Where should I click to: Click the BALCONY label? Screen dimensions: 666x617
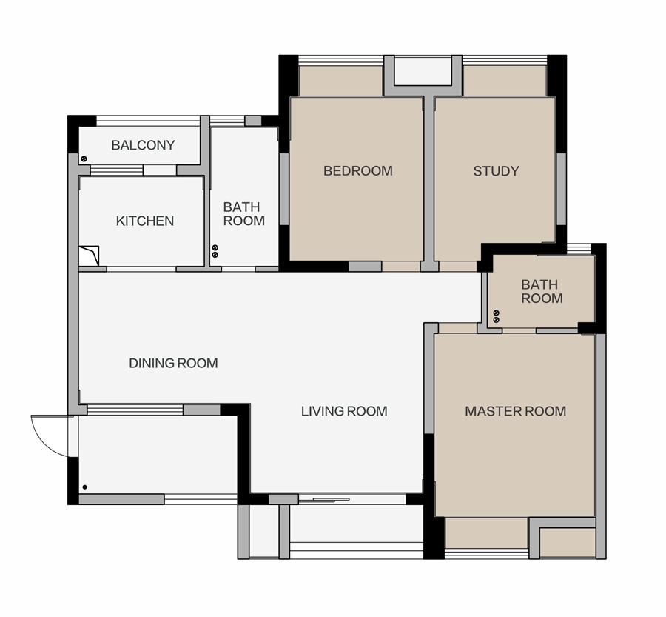click(x=143, y=145)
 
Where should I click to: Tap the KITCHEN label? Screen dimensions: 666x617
click(x=145, y=221)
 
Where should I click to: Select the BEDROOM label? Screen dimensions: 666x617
click(x=358, y=171)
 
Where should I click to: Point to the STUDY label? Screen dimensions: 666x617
click(x=496, y=171)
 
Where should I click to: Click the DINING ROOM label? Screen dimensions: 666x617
click(x=173, y=363)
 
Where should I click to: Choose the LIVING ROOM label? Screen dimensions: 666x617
click(x=344, y=411)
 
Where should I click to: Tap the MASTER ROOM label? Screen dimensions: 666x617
click(x=515, y=411)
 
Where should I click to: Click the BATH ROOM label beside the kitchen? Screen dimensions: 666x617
click(x=243, y=214)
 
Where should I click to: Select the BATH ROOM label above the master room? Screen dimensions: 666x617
click(x=542, y=291)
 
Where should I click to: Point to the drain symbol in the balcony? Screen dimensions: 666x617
click(x=84, y=159)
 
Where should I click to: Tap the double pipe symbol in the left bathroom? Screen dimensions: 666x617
click(x=215, y=251)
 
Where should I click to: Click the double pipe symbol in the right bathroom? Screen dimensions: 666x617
click(x=496, y=316)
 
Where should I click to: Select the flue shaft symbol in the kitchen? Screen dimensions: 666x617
click(x=90, y=256)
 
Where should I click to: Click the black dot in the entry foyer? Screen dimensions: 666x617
click(x=85, y=487)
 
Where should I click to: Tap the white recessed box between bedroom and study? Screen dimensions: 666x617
click(x=423, y=71)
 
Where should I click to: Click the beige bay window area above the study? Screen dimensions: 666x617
click(x=504, y=81)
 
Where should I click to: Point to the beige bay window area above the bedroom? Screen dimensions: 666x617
click(x=341, y=81)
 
